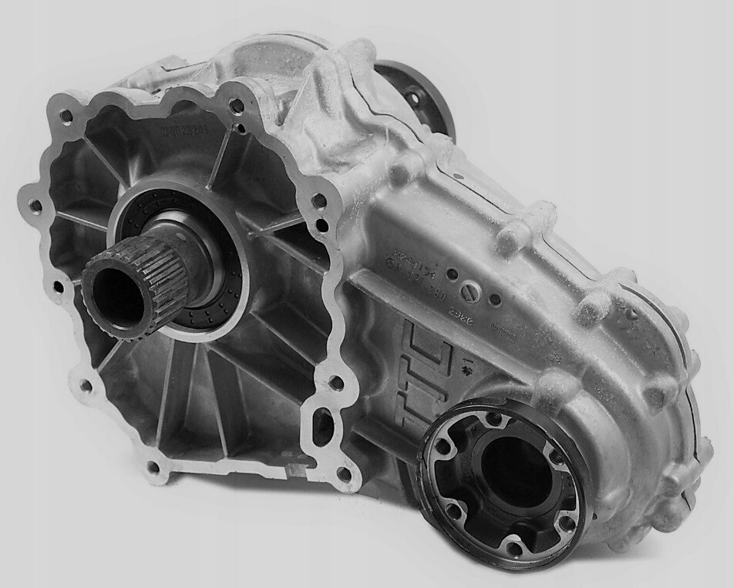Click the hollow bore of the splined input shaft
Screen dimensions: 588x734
[115, 296]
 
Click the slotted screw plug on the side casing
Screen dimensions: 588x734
[470, 291]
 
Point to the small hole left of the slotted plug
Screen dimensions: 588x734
[452, 274]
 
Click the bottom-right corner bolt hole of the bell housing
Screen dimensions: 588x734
[344, 472]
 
